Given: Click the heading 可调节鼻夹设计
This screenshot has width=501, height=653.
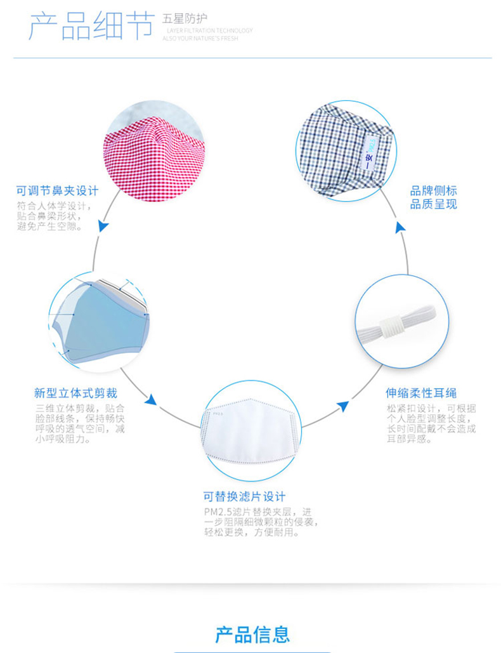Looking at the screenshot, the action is pyautogui.click(x=57, y=190).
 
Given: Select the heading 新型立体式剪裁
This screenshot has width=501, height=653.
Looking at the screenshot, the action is pyautogui.click(x=75, y=393).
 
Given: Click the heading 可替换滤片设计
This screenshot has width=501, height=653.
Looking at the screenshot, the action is pyautogui.click(x=245, y=496).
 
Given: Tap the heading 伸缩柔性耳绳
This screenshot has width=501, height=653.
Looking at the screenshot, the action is pyautogui.click(x=421, y=392).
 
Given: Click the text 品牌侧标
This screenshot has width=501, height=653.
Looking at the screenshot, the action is pyautogui.click(x=433, y=191).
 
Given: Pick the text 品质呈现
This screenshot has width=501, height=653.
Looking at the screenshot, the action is pyautogui.click(x=433, y=204).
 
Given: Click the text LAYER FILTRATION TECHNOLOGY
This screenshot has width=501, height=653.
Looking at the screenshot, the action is pyautogui.click(x=209, y=30).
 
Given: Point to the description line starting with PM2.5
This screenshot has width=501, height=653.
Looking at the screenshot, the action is pyautogui.click(x=257, y=511).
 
